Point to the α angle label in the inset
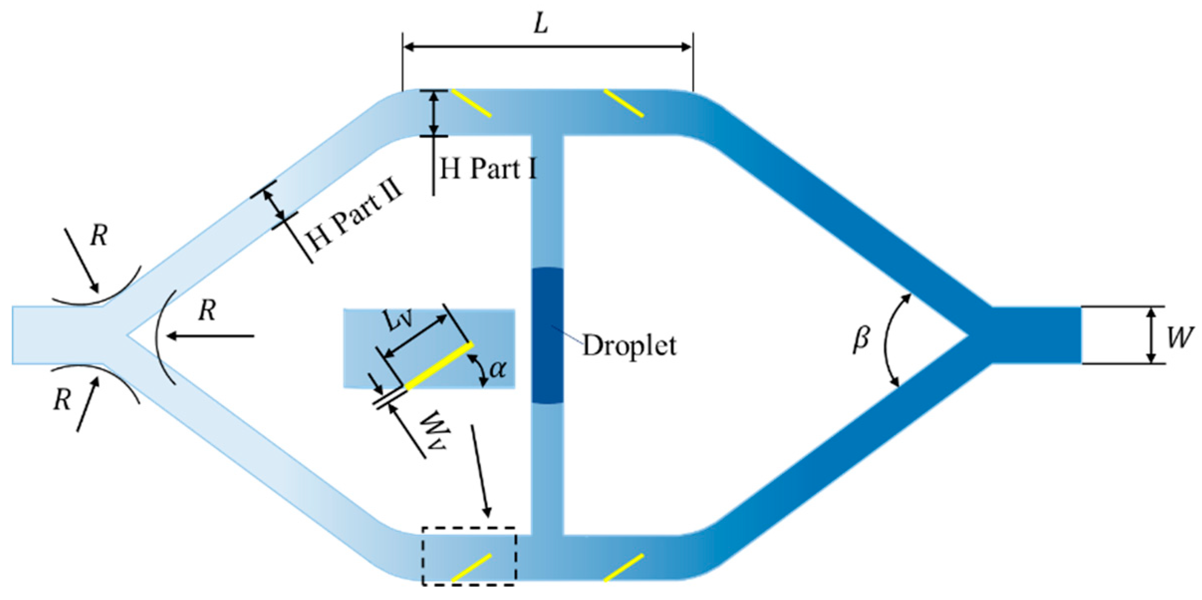[x=498, y=369]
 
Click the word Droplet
[x=629, y=345]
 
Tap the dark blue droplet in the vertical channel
[x=547, y=335]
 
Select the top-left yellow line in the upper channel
[x=471, y=104]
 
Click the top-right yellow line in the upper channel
[x=623, y=104]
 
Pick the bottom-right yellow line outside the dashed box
[x=623, y=568]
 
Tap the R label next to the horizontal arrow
[x=207, y=311]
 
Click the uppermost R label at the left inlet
[x=99, y=236]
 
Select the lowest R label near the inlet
[x=62, y=400]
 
